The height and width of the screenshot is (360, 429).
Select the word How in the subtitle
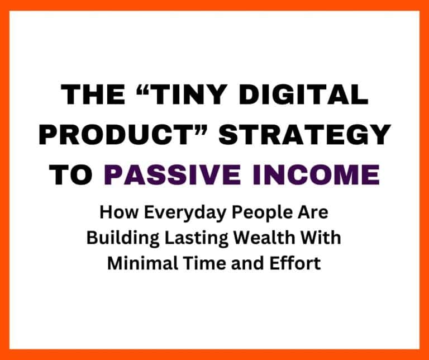click(x=115, y=213)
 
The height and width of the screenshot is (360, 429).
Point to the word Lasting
click(x=184, y=239)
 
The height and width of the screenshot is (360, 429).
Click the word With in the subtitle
click(x=325, y=238)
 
